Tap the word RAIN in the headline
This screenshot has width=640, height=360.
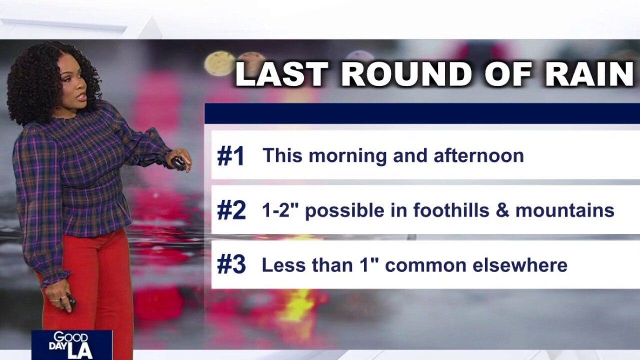tap(589, 74)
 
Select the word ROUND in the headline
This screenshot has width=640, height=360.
tap(406, 74)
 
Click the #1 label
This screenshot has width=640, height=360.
tap(230, 155)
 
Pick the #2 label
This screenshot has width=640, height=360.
tap(231, 210)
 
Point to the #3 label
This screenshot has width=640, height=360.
tap(231, 265)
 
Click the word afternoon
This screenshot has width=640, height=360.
tap(478, 155)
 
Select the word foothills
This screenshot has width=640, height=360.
tap(451, 210)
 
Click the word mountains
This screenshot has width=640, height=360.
tap(564, 210)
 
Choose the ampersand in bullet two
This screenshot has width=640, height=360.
tap(502, 210)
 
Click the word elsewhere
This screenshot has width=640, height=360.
tap(519, 265)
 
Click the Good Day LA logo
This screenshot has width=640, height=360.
tap(72, 345)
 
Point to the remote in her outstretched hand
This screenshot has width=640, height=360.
tap(178, 163)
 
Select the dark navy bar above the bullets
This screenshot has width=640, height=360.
tap(422, 113)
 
